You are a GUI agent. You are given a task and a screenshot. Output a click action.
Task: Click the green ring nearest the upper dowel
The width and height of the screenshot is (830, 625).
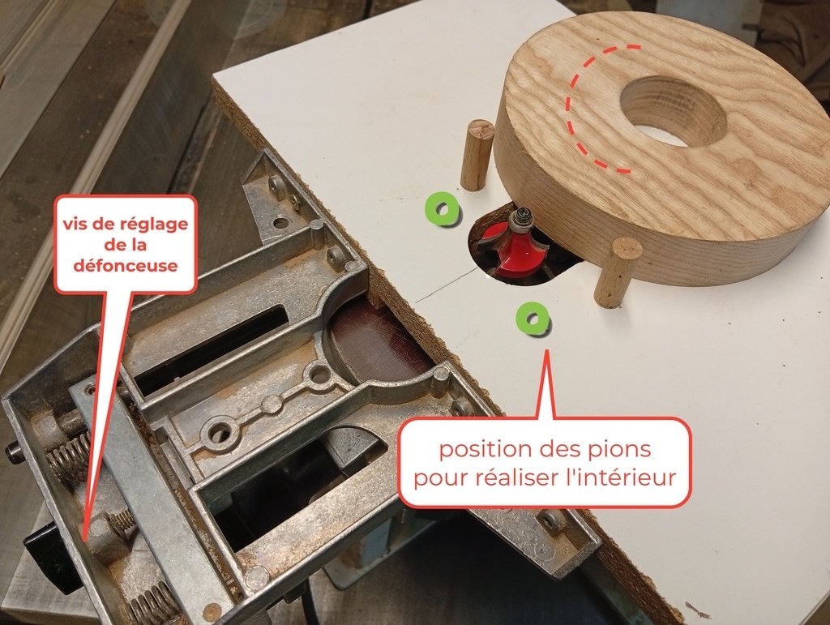(x=442, y=209)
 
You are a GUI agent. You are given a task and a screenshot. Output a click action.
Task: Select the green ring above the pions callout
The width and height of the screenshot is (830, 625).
(x=532, y=319)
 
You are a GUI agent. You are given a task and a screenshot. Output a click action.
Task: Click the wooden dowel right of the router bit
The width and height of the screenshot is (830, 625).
(x=617, y=272)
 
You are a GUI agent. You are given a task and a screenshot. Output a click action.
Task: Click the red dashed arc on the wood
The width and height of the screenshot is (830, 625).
(x=587, y=109)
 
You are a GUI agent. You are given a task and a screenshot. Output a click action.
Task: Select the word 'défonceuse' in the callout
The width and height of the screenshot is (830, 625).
(x=126, y=264)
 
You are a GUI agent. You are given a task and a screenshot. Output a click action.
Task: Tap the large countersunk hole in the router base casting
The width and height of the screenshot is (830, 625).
(x=220, y=430)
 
